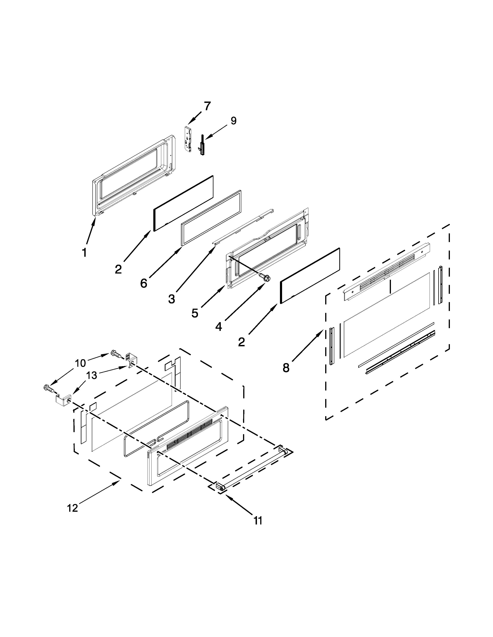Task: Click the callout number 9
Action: click(233, 121)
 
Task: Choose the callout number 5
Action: click(195, 313)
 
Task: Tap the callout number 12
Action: click(72, 508)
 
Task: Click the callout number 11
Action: click(258, 520)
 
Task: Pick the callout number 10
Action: click(80, 363)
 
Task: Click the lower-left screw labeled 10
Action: click(49, 388)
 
